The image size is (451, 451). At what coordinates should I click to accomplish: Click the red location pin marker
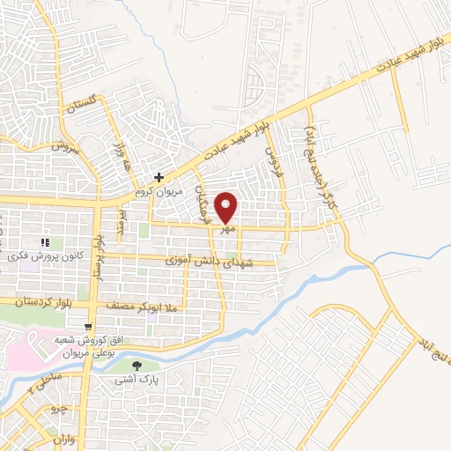tap(227, 207)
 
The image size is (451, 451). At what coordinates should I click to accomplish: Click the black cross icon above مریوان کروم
tap(158, 177)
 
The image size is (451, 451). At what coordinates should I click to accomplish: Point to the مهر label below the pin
tap(228, 227)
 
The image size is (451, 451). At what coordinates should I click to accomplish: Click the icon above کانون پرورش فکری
tap(44, 241)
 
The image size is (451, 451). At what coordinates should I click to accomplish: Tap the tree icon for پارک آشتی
tap(136, 366)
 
